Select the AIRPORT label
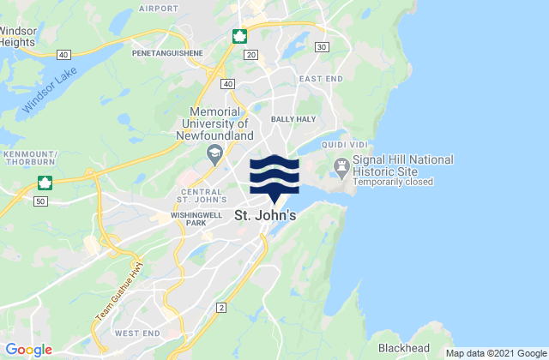[x=158, y=9]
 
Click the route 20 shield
[x=250, y=54]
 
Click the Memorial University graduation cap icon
[x=214, y=153]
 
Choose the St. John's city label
[x=265, y=217]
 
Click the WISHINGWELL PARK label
[x=196, y=219]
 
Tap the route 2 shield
[x=221, y=307]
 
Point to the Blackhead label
[x=405, y=349]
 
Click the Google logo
[x=27, y=349]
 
